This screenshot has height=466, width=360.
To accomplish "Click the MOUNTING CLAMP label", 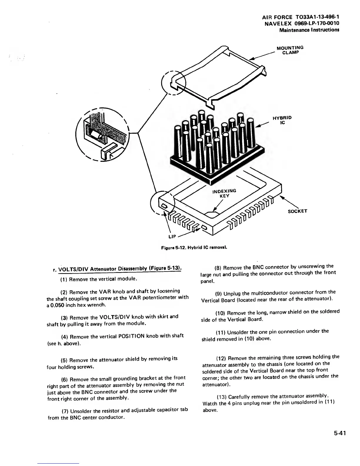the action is pos(290,50).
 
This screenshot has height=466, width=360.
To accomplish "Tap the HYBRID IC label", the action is pos(282,120).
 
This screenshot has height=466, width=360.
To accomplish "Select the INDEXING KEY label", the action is pos(224,193).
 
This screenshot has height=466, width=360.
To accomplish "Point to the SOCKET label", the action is pos(297,211).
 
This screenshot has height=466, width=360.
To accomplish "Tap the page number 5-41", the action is pos(339,433).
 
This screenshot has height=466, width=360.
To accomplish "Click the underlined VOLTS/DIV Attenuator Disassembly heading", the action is pos(120,268).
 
